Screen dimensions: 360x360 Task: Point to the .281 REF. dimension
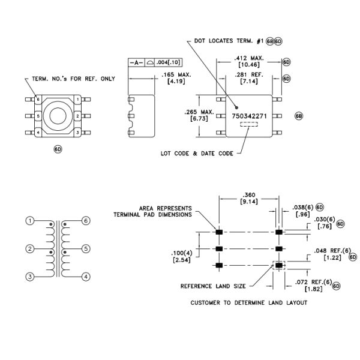coord(249,76)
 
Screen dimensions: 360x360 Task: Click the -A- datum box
coord(137,62)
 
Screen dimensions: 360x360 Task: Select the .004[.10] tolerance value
coord(169,62)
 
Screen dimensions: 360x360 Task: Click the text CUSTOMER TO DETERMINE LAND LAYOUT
coord(248,303)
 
